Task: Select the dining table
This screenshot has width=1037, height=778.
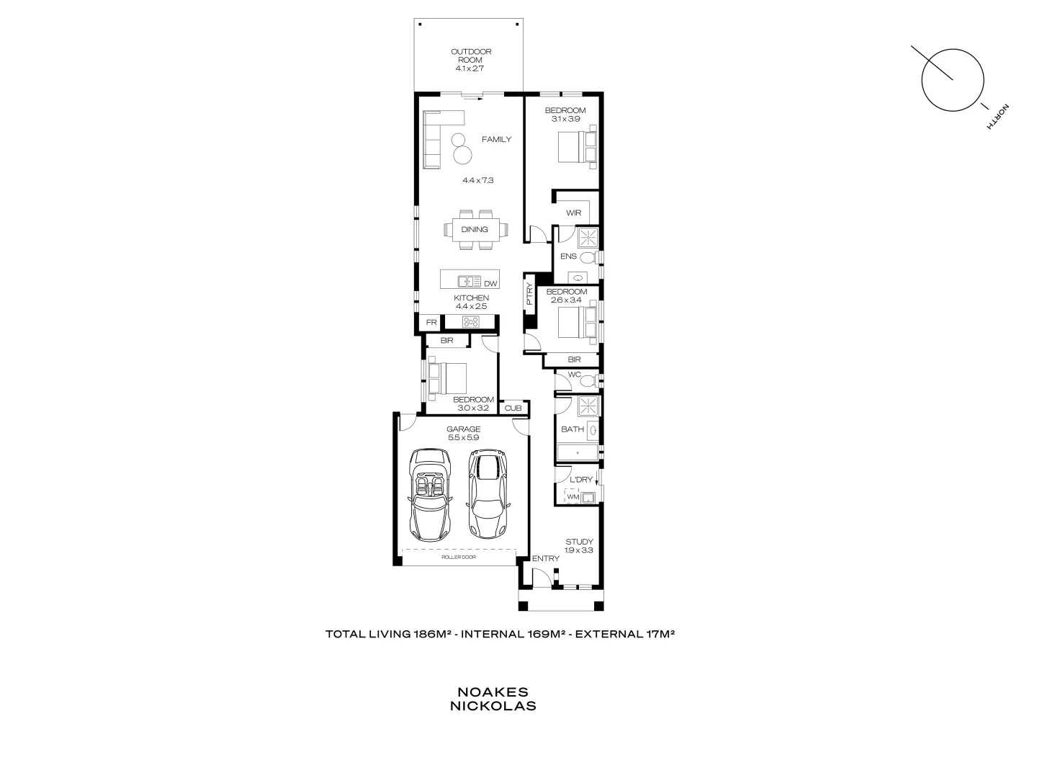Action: tap(475, 230)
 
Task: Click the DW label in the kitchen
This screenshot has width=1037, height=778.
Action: tap(490, 284)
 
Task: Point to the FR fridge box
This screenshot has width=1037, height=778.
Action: tap(431, 323)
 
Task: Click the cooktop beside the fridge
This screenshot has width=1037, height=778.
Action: tap(471, 323)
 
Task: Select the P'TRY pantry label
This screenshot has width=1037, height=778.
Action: tap(529, 294)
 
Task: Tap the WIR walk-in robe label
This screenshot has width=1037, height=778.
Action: tap(573, 213)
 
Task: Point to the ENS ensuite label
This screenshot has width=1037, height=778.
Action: tap(568, 256)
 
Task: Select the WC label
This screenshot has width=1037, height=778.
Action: tap(574, 375)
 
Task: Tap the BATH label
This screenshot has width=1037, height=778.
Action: tap(573, 429)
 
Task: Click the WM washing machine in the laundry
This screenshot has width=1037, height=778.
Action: tap(573, 497)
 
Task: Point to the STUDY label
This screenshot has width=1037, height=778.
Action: tap(579, 542)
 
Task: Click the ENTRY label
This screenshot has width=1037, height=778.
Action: tap(545, 559)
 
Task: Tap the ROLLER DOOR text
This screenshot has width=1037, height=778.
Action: tap(459, 557)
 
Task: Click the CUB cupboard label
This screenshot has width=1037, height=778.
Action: tap(513, 408)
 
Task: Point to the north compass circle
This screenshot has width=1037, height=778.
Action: tap(953, 81)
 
